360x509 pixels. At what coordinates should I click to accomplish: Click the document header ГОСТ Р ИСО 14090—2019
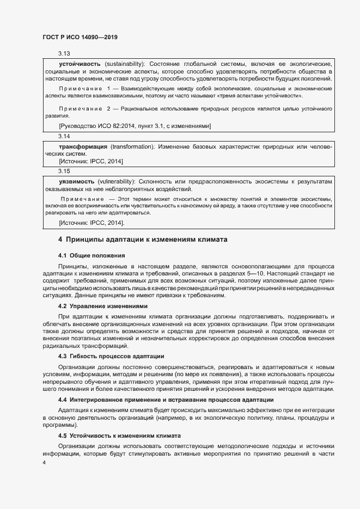tap(80, 37)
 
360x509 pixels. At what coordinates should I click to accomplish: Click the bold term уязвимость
tap(75, 181)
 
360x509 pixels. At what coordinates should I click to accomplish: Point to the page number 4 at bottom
tap(44, 462)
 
